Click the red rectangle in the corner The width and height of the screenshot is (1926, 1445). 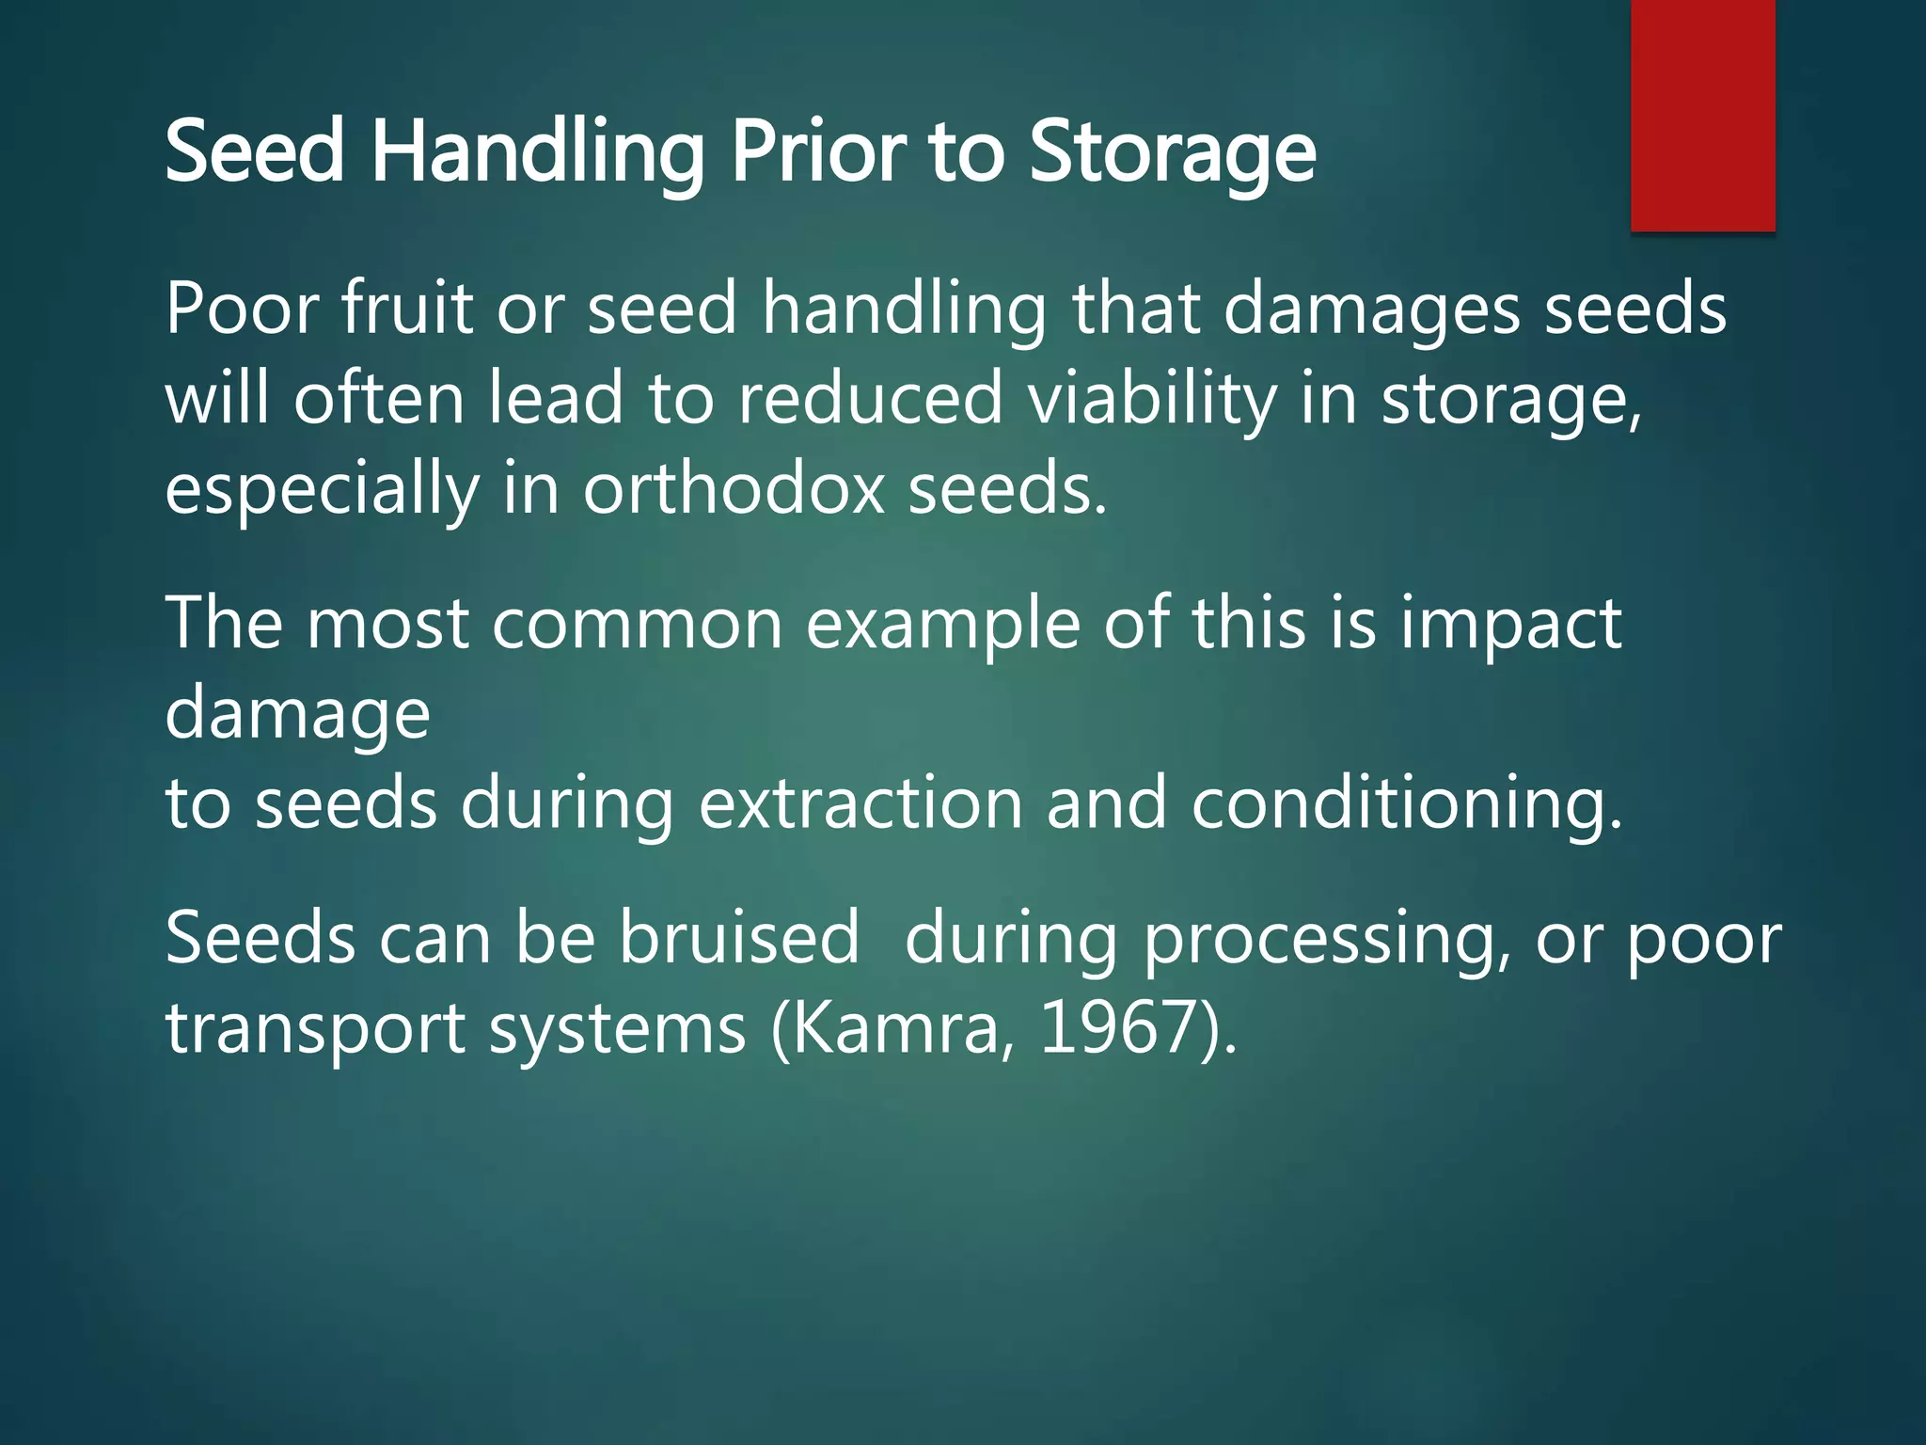(x=1702, y=115)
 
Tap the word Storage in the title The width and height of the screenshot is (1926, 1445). (x=1172, y=152)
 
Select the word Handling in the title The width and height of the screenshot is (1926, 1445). (x=537, y=152)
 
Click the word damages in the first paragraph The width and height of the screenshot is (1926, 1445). (x=1371, y=310)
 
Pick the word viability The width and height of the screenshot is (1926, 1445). (x=1151, y=399)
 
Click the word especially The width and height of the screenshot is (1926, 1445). (x=322, y=490)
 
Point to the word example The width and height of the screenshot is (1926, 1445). (x=942, y=625)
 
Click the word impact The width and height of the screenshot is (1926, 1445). (x=1510, y=625)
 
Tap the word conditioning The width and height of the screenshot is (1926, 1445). (x=1406, y=804)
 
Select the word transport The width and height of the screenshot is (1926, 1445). (x=315, y=1028)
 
